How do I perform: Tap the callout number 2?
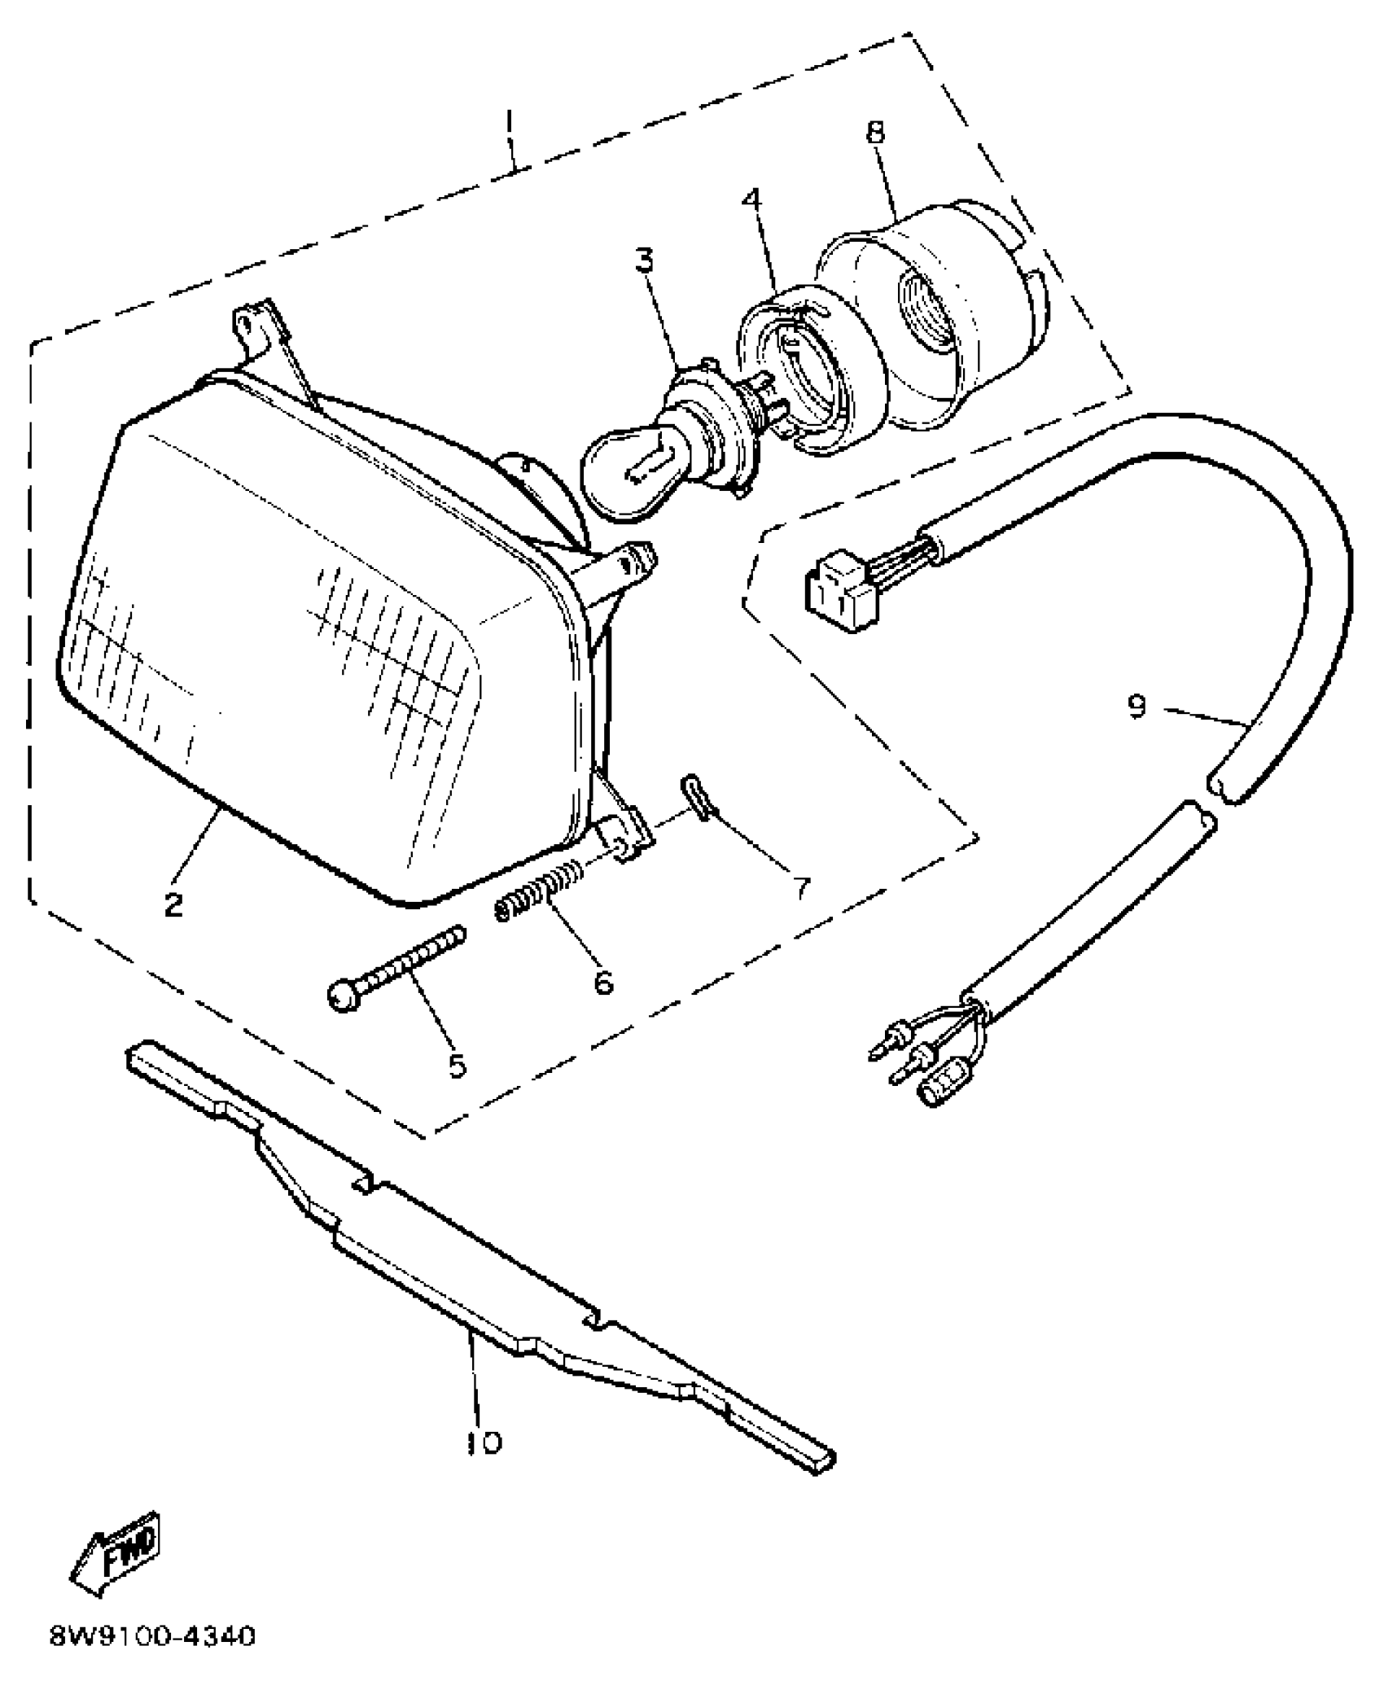[x=173, y=904]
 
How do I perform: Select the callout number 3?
[x=645, y=263]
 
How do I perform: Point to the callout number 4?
[x=752, y=200]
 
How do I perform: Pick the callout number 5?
[x=458, y=1065]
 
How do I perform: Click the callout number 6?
[x=602, y=982]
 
